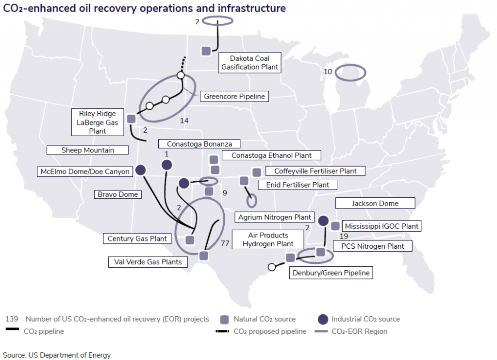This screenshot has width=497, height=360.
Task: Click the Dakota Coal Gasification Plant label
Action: [249, 63]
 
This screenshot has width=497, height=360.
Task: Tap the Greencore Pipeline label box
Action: [234, 96]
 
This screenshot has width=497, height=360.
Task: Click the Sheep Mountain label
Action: [87, 150]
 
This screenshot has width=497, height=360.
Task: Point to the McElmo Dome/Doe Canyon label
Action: [84, 171]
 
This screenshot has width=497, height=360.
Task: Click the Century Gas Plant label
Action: [137, 238]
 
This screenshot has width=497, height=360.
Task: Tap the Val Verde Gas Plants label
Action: [148, 262]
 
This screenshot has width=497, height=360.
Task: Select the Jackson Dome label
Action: [375, 203]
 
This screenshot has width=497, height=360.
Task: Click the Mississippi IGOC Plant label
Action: [381, 226]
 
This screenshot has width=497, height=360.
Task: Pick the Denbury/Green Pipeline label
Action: [331, 273]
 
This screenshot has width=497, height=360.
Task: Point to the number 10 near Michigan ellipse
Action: [328, 72]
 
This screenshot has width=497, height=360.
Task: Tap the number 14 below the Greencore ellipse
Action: [183, 120]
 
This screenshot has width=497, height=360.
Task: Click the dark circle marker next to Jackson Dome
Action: [323, 221]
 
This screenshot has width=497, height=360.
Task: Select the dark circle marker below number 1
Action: [166, 166]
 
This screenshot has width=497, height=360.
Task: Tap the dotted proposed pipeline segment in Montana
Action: [183, 64]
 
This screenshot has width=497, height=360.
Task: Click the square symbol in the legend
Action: [225, 319]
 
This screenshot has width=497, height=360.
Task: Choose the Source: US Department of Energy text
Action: [57, 355]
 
